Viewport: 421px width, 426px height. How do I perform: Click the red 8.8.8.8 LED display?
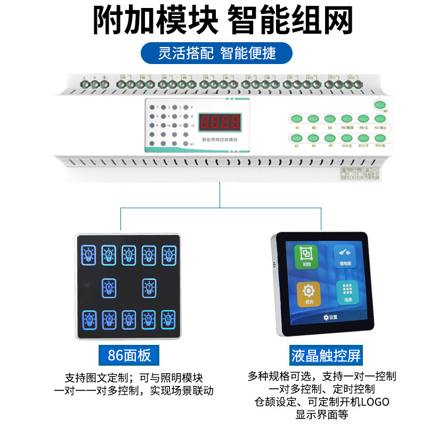[x=220, y=123]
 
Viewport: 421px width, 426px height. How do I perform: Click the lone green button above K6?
[x=380, y=105]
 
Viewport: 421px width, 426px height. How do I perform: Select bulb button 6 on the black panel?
[x=109, y=288]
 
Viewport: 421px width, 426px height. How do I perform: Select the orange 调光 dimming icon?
[x=309, y=294]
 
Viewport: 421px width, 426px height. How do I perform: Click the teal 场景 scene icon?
[x=347, y=292]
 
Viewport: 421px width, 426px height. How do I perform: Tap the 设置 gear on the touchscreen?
[x=330, y=317]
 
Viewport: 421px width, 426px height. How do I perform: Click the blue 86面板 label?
[x=129, y=355]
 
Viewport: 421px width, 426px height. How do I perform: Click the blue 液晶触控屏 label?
[x=326, y=355]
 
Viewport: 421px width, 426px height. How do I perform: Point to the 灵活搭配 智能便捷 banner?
[x=217, y=53]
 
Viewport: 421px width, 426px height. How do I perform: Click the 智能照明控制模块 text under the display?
[x=220, y=140]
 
